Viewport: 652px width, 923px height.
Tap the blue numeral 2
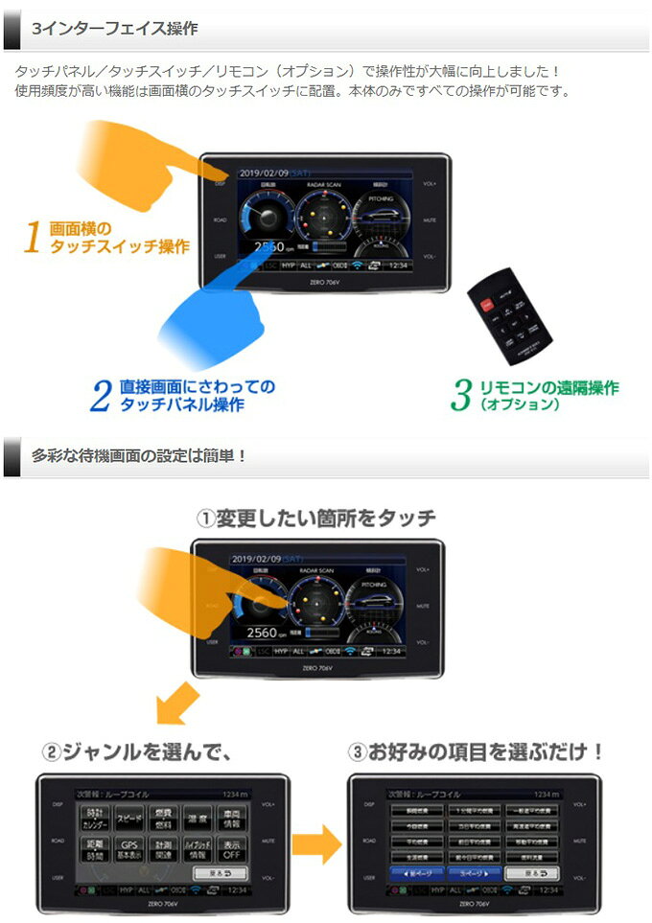click(101, 396)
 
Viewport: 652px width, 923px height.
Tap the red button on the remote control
click(486, 306)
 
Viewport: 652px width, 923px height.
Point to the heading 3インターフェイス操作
click(114, 29)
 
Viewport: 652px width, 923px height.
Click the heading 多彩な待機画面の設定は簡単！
click(139, 455)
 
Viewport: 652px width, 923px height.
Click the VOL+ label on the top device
click(429, 182)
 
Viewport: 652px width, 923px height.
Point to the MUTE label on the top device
click(430, 219)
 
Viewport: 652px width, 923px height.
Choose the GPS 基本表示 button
click(128, 850)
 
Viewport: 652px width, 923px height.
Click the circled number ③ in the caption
click(359, 752)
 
